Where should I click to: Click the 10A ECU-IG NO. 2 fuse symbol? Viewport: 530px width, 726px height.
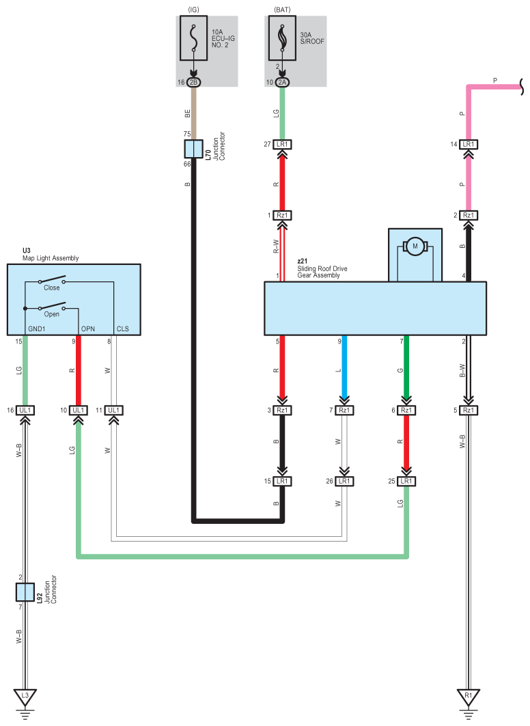(x=194, y=40)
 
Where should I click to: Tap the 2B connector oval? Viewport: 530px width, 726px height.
(x=194, y=82)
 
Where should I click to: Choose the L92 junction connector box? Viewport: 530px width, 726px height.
(x=25, y=592)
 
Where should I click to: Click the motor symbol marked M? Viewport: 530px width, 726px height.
(x=414, y=246)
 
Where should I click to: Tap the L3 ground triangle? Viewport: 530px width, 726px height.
(x=25, y=697)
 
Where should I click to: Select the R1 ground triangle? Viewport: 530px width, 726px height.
(x=469, y=697)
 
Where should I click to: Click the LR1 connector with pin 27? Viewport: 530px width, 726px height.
(x=283, y=144)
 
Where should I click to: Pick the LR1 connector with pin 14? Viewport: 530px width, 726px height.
(x=469, y=144)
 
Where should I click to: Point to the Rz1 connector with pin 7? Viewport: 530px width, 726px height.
(x=345, y=410)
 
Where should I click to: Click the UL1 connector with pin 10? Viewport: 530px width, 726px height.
(x=79, y=410)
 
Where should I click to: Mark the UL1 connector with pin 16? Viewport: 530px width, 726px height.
(x=25, y=410)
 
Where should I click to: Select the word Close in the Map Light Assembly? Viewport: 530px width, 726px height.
(x=51, y=288)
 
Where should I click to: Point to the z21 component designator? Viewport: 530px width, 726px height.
(x=302, y=261)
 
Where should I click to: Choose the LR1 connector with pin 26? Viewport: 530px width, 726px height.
(x=345, y=481)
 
